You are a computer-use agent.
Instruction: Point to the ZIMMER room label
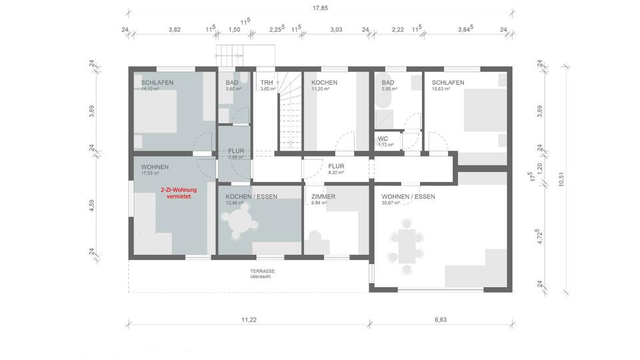point(323,197)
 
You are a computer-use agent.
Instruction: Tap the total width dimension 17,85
point(320,8)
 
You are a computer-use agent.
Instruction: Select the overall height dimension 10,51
point(563,179)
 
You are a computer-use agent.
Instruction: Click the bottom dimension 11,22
point(249,321)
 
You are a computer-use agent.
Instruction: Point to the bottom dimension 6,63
point(441,321)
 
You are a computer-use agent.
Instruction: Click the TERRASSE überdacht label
point(262,274)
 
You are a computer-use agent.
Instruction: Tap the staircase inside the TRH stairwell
point(289,111)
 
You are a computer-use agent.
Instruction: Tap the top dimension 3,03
point(335,29)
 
